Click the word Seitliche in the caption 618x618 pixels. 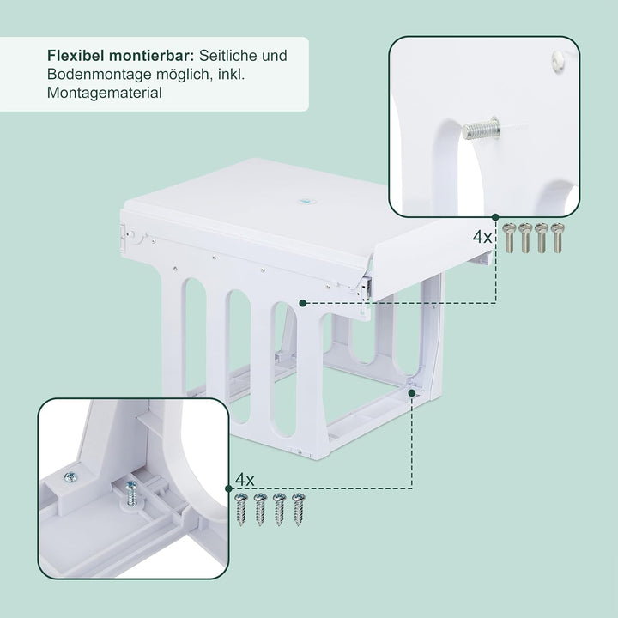[226, 56]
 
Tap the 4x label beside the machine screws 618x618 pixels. [482, 236]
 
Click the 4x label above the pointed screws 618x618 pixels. [245, 479]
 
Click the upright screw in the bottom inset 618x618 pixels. [132, 494]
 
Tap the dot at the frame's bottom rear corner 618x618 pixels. [412, 391]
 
